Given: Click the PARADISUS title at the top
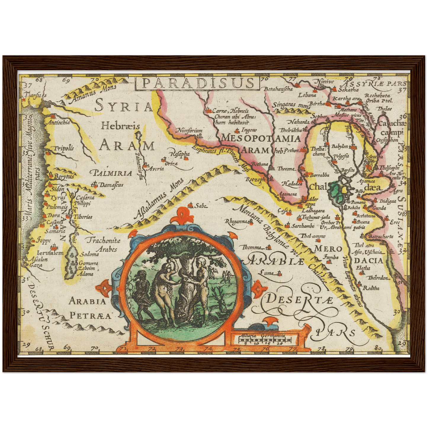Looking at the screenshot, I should [197, 83].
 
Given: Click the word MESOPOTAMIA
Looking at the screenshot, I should [261, 138].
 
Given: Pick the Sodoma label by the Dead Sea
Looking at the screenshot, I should [89, 254].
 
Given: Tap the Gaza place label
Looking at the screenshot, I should [36, 265].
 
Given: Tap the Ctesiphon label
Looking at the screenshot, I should [387, 140].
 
